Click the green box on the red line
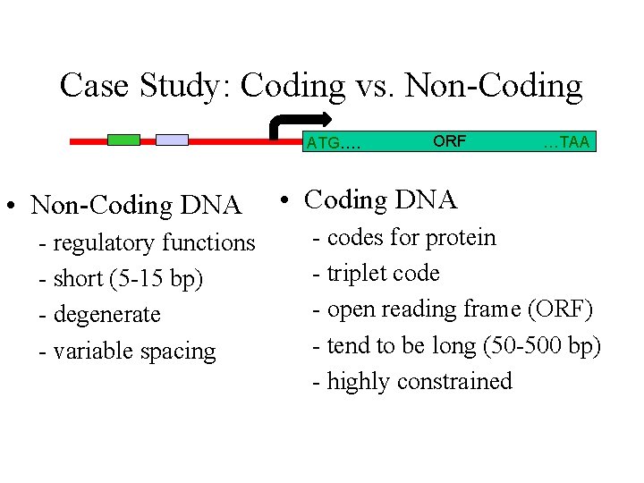123,140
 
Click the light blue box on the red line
172,140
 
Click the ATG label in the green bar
333,142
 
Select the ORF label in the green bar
449,140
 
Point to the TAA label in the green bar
566,142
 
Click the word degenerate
106,315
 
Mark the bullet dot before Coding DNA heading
281,200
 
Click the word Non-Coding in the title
493,86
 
